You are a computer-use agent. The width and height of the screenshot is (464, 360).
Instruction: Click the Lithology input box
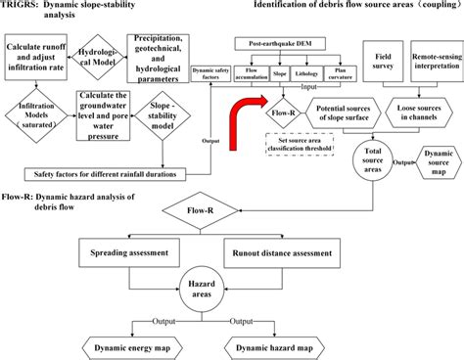point(310,72)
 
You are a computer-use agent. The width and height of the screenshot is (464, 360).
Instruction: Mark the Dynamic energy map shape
point(142,347)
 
